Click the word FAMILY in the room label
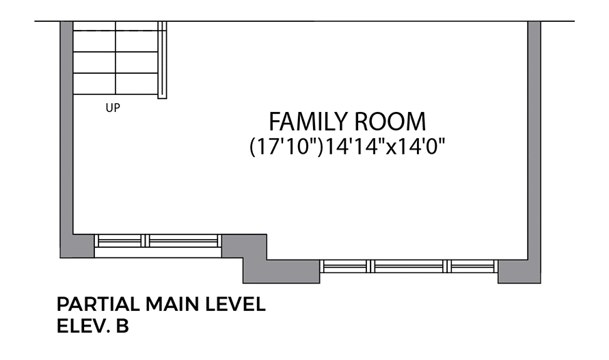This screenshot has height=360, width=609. coord(308,122)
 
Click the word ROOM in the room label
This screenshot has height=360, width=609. coord(390,122)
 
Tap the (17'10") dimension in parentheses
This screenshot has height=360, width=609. coord(286,148)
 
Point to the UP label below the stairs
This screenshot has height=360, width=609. coord(113,108)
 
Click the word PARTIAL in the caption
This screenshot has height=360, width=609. coord(98,304)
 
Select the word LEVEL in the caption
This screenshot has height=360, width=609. coord(235,304)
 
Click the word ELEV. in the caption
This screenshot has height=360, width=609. coord(82,327)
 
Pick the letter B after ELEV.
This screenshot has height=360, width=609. coord(122,327)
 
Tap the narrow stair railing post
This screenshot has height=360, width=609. coord(162,60)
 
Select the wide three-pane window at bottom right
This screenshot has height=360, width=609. coord(409,266)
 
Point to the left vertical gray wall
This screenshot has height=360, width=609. coord(66,128)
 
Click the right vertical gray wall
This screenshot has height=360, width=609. coord(534,141)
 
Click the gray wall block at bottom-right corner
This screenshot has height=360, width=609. coord(519,271)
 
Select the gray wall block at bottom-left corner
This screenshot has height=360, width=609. coord(77,246)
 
